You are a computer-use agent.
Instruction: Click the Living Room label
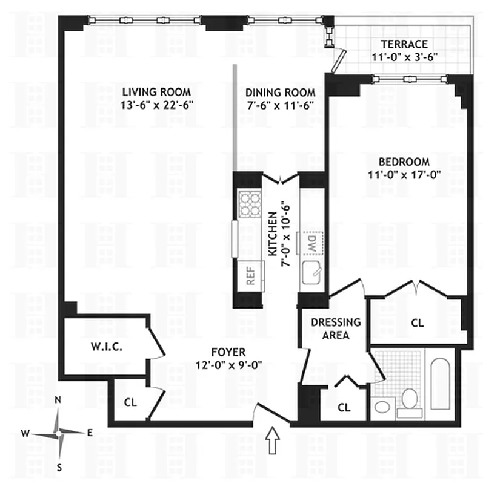[x=156, y=92]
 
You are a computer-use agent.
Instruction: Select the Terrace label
[x=404, y=44]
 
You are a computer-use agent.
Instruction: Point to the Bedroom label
[x=404, y=162]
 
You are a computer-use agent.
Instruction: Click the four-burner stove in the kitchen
[x=248, y=204]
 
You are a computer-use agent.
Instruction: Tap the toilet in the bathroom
[x=410, y=399]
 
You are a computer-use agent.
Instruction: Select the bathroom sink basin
[x=382, y=407]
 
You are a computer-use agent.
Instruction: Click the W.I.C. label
[x=108, y=348]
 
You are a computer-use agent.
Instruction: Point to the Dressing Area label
[x=336, y=329]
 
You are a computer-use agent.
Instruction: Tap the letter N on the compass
[x=59, y=400]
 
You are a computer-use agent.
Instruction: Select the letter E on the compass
[x=89, y=432]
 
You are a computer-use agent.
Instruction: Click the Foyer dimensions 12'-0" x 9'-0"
[x=228, y=364]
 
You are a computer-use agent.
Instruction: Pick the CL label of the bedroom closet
[x=417, y=323]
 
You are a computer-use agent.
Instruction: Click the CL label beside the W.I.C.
[x=130, y=401]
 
